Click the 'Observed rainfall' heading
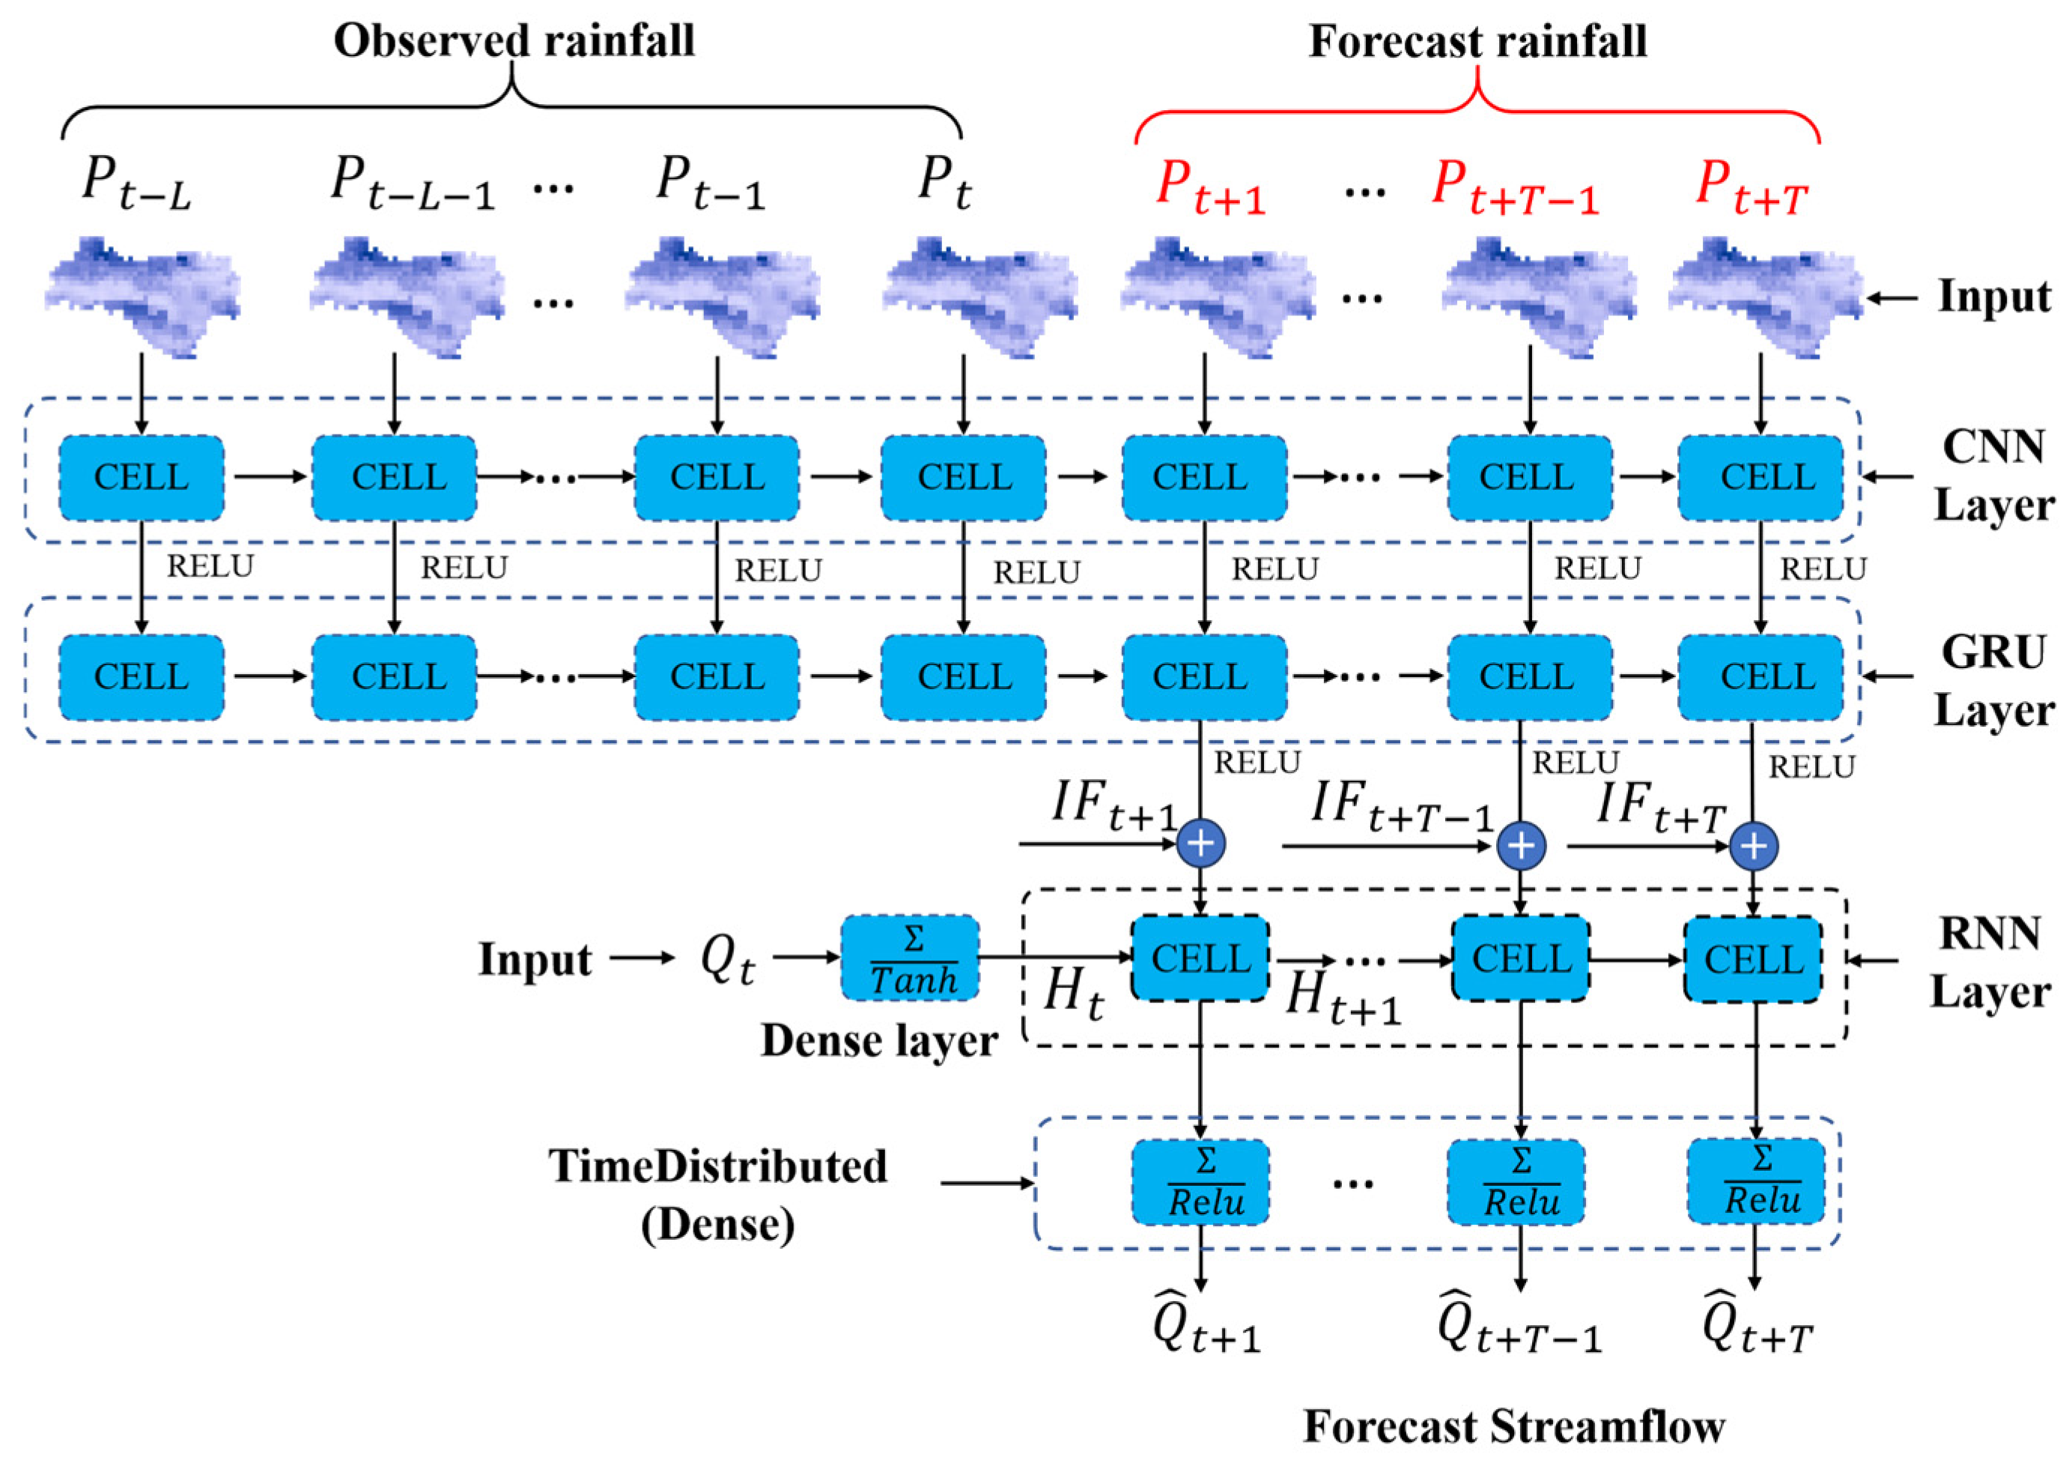coord(514,41)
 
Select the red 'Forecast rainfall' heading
coord(1477,41)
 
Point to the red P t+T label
coord(1751,190)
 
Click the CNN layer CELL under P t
coord(964,477)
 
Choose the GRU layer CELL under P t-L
coord(142,677)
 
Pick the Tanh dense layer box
coord(911,959)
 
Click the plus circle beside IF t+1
coord(1201,844)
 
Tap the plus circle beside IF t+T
coord(1754,846)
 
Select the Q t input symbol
coord(727,960)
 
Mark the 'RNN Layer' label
coord(1990,963)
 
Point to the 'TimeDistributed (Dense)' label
coord(718,1194)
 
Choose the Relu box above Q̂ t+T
coord(1756,1181)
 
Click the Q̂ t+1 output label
coord(1206,1329)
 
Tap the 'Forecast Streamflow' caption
coord(1514,1427)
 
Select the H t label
coord(1073,995)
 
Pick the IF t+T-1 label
coord(1401,806)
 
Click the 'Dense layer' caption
coord(879,1040)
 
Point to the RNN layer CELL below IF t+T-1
coord(1520,959)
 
